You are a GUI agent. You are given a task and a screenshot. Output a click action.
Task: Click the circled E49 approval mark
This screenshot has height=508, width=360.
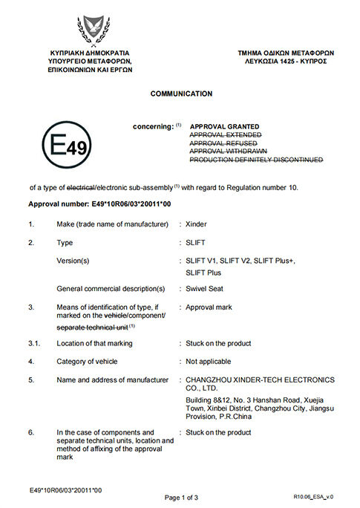(x=67, y=146)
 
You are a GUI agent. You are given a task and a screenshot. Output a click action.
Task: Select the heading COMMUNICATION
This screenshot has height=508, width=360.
(x=181, y=94)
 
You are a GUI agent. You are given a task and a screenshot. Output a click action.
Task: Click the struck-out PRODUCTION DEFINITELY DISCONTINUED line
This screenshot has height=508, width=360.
(x=256, y=160)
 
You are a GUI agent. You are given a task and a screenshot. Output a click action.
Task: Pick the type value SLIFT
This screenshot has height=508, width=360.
(x=195, y=242)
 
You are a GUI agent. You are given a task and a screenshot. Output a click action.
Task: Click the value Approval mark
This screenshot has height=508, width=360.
(x=210, y=306)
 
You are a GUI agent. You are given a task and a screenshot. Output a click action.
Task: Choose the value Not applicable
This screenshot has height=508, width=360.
(x=209, y=362)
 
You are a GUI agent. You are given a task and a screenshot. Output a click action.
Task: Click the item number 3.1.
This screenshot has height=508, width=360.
(x=34, y=343)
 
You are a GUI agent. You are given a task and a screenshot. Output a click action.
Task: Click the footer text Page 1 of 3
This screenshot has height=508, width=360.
(x=181, y=497)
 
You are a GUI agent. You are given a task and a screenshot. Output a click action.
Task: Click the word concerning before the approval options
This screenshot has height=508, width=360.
(x=152, y=127)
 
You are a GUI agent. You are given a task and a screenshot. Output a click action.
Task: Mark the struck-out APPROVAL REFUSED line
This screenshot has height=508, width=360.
(x=224, y=143)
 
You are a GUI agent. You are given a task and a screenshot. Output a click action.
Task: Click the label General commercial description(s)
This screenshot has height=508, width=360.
(x=111, y=288)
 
